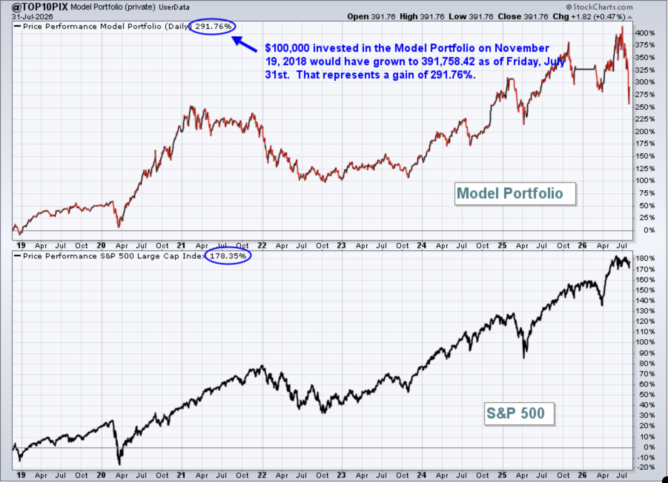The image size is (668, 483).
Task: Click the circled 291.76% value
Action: click(213, 27)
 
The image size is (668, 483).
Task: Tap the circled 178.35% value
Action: click(228, 256)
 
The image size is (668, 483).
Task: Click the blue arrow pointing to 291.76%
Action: click(244, 44)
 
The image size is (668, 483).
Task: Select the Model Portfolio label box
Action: click(515, 193)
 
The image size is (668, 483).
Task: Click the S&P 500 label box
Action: click(519, 413)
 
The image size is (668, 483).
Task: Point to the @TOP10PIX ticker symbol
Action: click(40, 7)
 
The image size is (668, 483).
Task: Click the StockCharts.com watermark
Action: click(599, 7)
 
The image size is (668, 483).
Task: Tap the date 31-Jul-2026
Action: click(32, 17)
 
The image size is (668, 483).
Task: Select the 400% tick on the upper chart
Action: click(645, 33)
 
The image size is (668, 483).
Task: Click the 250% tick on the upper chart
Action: click(645, 107)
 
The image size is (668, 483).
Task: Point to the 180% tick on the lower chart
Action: click(645, 258)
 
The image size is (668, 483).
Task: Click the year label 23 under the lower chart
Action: click(341, 475)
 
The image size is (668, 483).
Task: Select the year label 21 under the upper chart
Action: click(181, 245)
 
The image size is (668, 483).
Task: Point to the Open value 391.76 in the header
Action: click(383, 17)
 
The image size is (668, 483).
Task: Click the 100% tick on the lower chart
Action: click(645, 342)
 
